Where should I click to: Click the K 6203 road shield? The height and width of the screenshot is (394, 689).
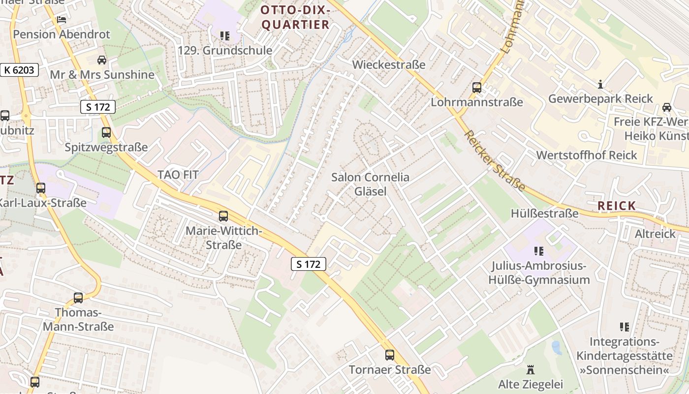(x=20, y=70)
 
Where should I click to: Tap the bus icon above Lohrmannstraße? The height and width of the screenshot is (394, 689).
(x=476, y=88)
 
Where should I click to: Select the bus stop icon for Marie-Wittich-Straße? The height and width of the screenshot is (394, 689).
(x=223, y=216)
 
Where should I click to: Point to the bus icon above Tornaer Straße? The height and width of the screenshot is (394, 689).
(x=390, y=355)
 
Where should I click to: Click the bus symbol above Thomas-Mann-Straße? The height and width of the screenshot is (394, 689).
(x=78, y=297)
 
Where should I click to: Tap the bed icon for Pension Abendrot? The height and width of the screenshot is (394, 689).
(x=62, y=20)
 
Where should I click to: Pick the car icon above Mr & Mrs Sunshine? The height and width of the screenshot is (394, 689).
(x=102, y=60)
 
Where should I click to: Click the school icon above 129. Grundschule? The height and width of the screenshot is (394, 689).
(x=225, y=35)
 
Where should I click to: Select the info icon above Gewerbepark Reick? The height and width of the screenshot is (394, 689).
(x=600, y=84)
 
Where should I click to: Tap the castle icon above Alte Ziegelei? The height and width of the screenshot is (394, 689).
(x=531, y=369)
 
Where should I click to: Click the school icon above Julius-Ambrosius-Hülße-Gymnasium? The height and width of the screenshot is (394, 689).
(x=539, y=251)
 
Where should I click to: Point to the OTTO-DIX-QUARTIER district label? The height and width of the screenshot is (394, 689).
(x=295, y=17)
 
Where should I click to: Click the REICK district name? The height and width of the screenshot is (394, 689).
(x=617, y=206)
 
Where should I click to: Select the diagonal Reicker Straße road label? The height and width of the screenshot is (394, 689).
(x=495, y=161)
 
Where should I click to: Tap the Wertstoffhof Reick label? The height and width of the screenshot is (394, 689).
(x=587, y=155)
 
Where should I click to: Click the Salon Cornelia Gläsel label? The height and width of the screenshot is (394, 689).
(x=370, y=184)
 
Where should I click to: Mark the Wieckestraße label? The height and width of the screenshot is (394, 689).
(x=389, y=65)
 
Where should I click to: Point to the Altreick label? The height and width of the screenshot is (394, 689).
(x=655, y=233)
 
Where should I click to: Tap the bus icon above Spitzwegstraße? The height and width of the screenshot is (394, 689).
(x=106, y=132)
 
